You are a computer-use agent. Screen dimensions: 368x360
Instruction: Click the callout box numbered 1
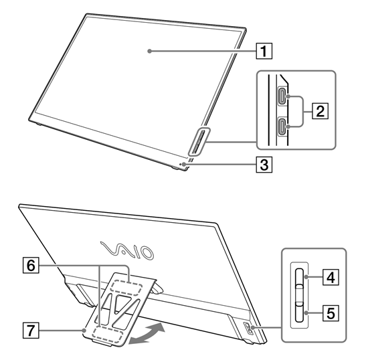point(264,51)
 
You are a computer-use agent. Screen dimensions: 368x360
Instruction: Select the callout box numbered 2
point(320,111)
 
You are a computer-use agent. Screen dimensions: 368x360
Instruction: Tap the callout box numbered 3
point(264,165)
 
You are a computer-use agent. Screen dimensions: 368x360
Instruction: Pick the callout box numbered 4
point(331,277)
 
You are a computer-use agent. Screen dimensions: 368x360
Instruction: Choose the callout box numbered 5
point(331,313)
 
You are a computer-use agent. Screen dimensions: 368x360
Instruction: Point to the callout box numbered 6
point(31,266)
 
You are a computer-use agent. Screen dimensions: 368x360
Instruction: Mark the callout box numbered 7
point(31,330)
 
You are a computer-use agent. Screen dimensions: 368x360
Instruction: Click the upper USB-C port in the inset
point(282,96)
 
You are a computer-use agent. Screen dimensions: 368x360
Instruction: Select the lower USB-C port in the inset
point(282,126)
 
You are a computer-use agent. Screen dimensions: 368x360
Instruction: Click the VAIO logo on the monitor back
point(127,250)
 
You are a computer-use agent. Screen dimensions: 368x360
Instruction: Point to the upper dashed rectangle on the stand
point(126,288)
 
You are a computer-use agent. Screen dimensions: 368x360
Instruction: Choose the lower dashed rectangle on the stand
point(108,337)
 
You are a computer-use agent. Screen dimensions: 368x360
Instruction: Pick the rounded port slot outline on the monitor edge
point(198,141)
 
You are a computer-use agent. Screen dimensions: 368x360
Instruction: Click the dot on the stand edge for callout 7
point(84,330)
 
